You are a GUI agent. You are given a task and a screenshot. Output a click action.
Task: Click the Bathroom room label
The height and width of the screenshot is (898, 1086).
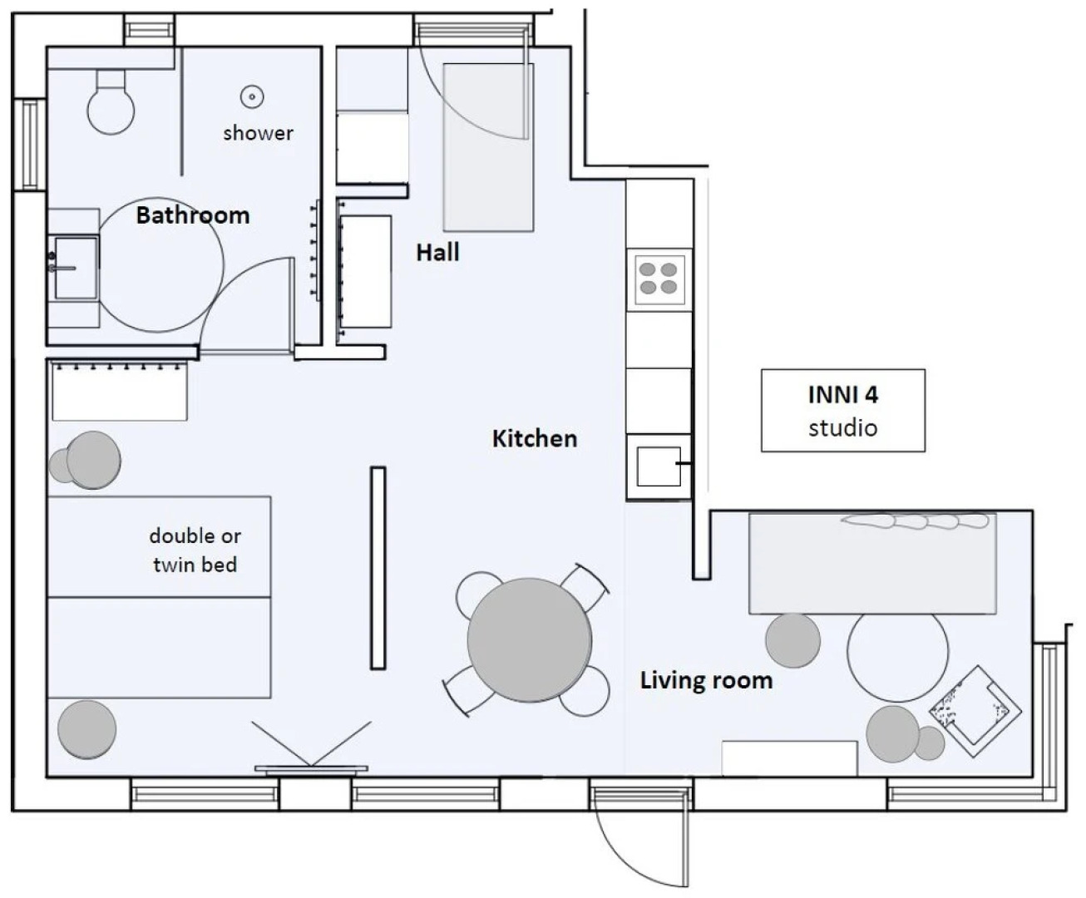[193, 215]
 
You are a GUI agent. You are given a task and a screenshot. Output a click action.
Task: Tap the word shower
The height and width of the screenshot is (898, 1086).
[258, 133]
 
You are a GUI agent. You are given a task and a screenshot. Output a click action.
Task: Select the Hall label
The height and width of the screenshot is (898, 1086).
[437, 253]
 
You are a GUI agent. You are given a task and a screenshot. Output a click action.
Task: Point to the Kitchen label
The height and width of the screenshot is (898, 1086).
[535, 439]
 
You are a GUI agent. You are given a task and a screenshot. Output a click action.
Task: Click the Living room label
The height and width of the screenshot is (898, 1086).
[706, 681]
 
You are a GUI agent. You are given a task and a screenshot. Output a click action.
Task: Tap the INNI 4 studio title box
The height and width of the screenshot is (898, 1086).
[842, 411]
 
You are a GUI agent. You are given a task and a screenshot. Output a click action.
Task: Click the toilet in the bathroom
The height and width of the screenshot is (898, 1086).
[111, 103]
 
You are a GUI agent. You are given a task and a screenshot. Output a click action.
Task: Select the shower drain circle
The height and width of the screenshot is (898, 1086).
[252, 97]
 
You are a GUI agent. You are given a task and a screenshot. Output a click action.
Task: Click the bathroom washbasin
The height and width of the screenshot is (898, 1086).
[75, 268]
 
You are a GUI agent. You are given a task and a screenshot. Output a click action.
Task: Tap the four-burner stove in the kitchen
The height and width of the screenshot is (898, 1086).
[659, 279]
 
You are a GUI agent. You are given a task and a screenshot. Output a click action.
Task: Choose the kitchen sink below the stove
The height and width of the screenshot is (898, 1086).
[659, 466]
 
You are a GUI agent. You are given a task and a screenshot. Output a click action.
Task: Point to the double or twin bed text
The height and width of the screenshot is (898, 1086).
[195, 550]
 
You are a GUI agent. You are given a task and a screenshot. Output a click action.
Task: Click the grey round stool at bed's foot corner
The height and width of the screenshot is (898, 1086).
[86, 729]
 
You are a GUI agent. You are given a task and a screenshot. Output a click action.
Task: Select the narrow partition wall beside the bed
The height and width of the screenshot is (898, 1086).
[378, 568]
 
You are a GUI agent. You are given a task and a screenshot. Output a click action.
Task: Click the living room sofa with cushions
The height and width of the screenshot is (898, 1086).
[872, 563]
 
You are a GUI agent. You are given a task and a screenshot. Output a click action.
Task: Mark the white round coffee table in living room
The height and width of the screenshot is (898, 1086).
[898, 657]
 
